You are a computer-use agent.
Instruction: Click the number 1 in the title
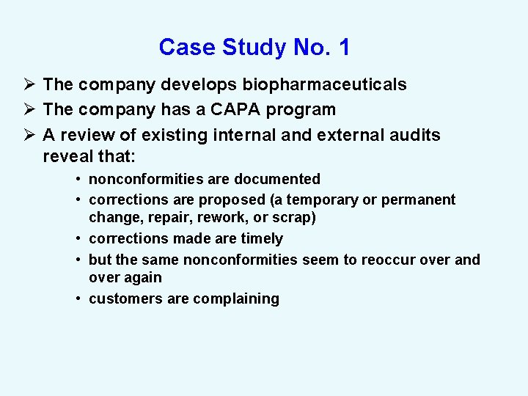(344, 48)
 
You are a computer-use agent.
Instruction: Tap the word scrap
(295, 218)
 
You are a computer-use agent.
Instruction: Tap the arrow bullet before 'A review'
(29, 135)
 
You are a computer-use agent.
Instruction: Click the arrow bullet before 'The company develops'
(29, 85)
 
